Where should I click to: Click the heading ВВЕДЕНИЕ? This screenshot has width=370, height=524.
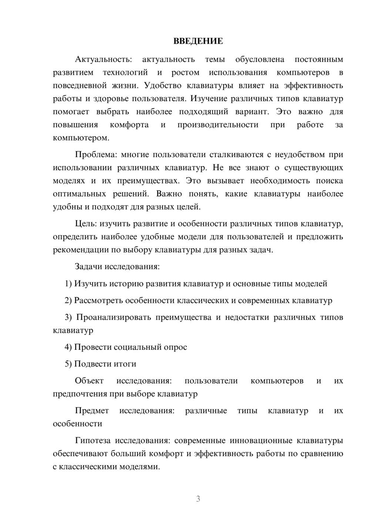pyautogui.click(x=198, y=41)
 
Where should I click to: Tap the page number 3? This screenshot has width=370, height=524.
pyautogui.click(x=198, y=499)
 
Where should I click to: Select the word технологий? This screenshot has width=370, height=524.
pyautogui.click(x=125, y=72)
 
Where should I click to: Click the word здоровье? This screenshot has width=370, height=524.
pyautogui.click(x=122, y=99)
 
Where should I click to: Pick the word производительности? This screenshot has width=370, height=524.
pyautogui.click(x=218, y=125)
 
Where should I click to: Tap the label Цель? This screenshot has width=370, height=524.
pyautogui.click(x=86, y=223)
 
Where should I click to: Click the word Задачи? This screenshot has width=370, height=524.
pyautogui.click(x=89, y=266)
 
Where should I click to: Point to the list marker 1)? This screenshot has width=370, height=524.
pyautogui.click(x=68, y=283)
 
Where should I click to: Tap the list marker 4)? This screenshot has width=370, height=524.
pyautogui.click(x=68, y=347)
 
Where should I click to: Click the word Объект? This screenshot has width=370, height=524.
pyautogui.click(x=89, y=381)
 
